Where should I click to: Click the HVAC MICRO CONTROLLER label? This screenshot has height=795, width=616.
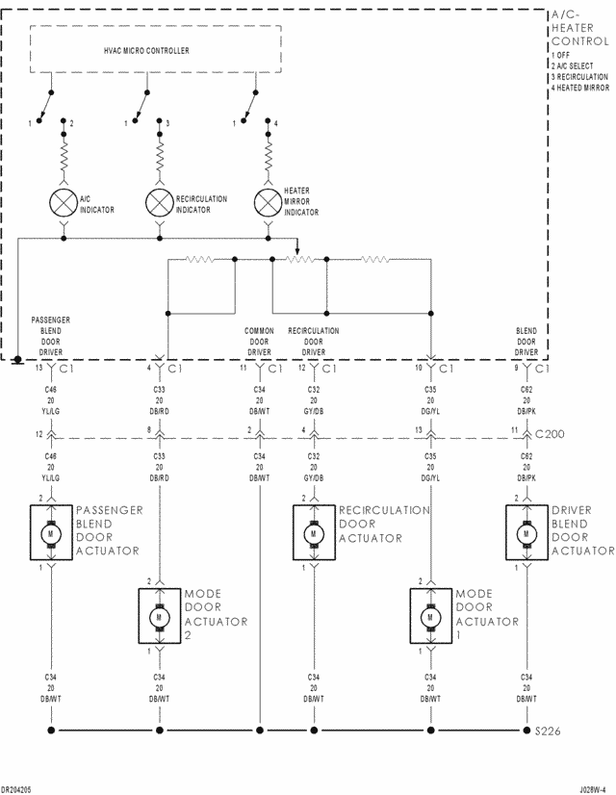point(146,50)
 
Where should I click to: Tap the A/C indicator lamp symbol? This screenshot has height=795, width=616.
point(64,202)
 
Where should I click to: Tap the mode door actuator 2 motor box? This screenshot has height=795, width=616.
point(158,616)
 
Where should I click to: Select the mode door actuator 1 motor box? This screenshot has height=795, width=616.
point(429,616)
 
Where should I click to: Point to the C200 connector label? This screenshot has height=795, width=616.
point(551,434)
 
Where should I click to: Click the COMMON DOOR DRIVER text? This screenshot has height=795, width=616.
point(259,341)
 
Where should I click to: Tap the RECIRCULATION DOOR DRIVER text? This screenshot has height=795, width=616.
point(313,341)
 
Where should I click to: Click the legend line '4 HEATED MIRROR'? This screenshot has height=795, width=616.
point(580,88)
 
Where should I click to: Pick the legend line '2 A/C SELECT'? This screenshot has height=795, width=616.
point(574,65)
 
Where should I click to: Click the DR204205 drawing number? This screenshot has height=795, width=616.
point(16,788)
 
